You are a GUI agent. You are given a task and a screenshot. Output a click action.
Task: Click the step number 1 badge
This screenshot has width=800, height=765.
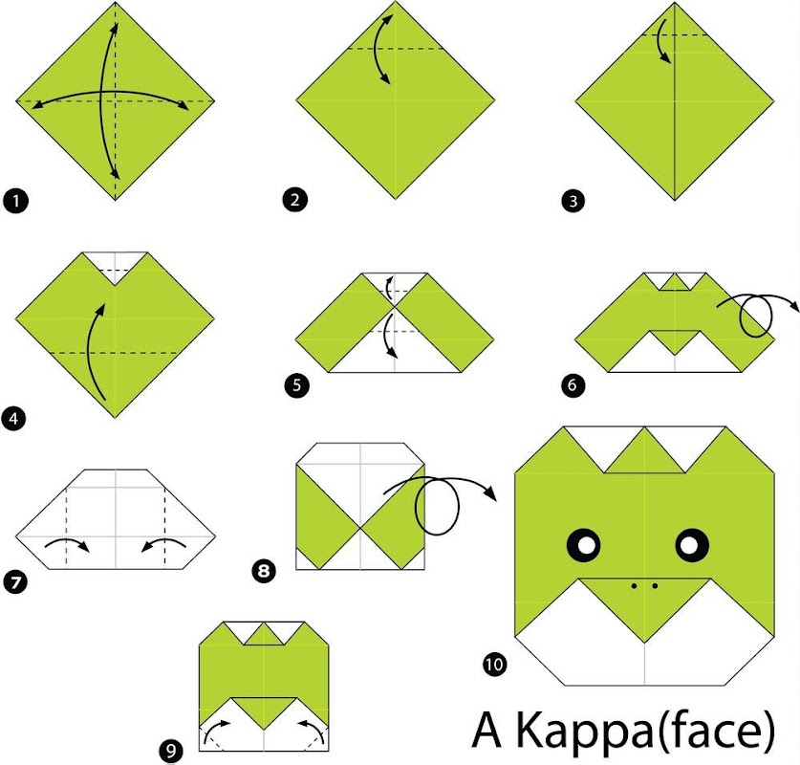coord(16,201)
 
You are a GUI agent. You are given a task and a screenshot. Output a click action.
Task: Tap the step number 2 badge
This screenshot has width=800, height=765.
coord(295,199)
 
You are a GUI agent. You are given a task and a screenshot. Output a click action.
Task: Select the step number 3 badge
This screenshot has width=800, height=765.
coord(573,201)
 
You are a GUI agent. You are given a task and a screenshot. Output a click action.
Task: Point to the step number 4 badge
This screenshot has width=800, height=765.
coord(13,419)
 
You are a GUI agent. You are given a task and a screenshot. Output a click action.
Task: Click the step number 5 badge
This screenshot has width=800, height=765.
coord(297,384)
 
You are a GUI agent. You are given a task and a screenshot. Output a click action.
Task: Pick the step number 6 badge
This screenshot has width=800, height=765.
coord(573,384)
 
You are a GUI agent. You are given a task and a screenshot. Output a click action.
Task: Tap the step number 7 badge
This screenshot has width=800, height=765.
coord(16,581)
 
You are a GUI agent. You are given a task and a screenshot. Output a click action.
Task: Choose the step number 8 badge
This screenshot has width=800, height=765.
coord(264,570)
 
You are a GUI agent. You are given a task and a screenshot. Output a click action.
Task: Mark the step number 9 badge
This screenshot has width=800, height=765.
coord(170,751)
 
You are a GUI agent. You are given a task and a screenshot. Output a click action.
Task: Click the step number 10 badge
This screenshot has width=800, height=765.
coord(494,664)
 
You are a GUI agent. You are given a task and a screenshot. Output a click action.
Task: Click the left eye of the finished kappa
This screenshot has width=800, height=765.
coord(584,544)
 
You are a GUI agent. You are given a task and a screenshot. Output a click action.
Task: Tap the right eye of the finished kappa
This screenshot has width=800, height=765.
coord(692,544)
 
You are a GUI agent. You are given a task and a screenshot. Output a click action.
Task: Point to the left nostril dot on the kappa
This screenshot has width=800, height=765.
coord(634,586)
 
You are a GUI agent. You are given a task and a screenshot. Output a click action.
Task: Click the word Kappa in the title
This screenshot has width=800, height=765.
coord(585,732)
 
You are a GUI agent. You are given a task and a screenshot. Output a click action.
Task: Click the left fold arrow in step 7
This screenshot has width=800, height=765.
coord(69,541)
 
